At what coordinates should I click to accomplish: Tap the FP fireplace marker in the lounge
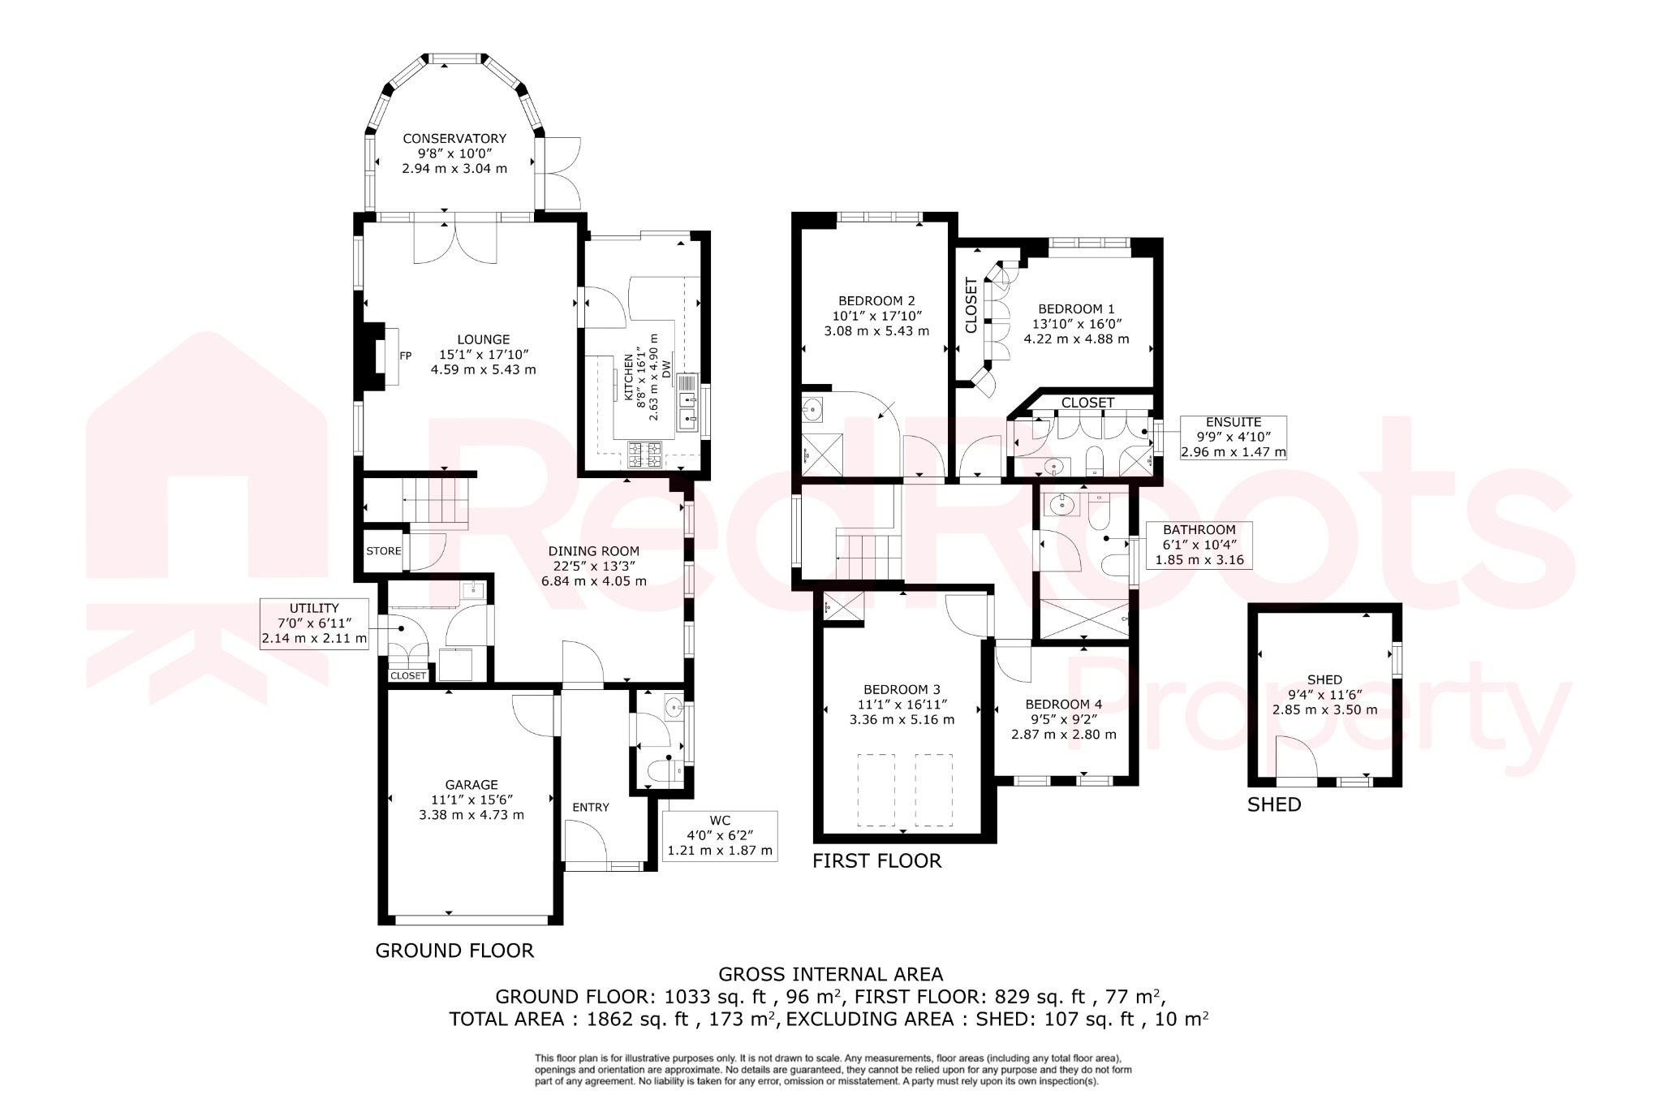tap(406, 356)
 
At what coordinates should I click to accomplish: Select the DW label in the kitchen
tap(666, 369)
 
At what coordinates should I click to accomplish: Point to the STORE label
tap(383, 551)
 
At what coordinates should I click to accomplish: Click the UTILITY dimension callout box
tap(314, 623)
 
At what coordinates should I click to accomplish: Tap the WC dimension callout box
tap(720, 836)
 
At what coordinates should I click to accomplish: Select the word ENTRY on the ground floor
tap(590, 807)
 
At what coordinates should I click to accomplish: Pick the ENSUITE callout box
tap(1233, 437)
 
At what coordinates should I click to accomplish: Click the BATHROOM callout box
tap(1199, 545)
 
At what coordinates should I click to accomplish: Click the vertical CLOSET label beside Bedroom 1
tap(971, 305)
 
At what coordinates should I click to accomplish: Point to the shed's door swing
tap(1294, 758)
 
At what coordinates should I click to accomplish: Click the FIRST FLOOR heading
tap(876, 860)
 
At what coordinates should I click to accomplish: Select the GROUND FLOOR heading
tap(454, 951)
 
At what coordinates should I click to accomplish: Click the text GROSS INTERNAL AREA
tap(830, 974)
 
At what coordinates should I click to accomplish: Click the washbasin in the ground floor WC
tap(673, 708)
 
